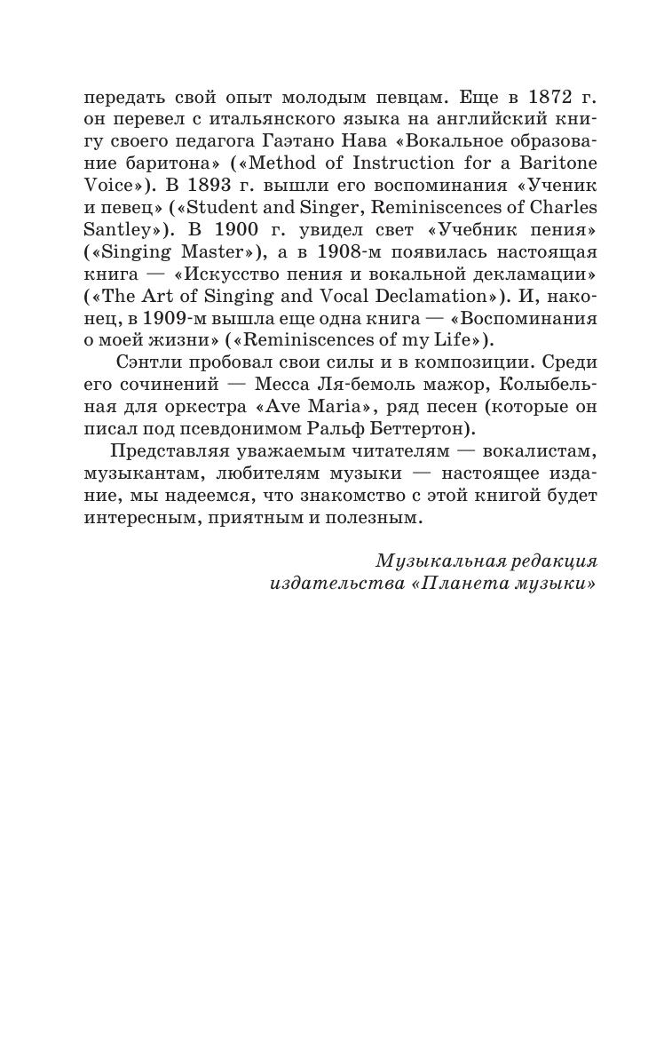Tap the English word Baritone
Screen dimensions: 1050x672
click(x=554, y=163)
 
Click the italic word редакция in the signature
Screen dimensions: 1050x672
click(x=553, y=561)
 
